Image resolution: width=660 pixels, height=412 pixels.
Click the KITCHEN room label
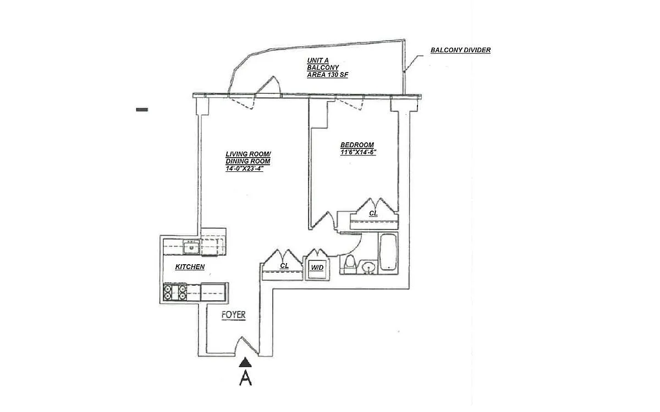[190, 266]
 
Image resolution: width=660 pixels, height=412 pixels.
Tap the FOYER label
[233, 315]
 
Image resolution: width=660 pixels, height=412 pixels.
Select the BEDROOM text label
[357, 145]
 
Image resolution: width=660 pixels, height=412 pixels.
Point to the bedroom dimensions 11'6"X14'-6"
[358, 152]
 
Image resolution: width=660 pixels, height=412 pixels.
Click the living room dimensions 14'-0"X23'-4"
[244, 169]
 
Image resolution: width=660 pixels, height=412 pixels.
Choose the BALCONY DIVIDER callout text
[460, 50]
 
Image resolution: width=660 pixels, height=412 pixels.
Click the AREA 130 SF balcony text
[327, 75]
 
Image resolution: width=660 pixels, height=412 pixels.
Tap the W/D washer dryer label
[317, 268]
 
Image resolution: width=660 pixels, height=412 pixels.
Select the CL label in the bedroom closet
[373, 213]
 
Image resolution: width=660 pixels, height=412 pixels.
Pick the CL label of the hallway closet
[284, 265]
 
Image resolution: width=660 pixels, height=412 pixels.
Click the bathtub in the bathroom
[388, 252]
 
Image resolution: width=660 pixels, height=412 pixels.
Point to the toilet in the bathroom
[350, 264]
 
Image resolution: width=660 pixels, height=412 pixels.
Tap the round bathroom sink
[369, 268]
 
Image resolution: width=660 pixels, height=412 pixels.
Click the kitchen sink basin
[191, 247]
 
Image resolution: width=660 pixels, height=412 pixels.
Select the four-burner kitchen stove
[175, 292]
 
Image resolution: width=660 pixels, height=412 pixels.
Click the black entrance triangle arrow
[245, 363]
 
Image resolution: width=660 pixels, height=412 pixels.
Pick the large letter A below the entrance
[245, 378]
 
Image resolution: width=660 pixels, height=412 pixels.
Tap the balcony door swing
[268, 86]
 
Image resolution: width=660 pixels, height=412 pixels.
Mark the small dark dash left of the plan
[142, 109]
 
